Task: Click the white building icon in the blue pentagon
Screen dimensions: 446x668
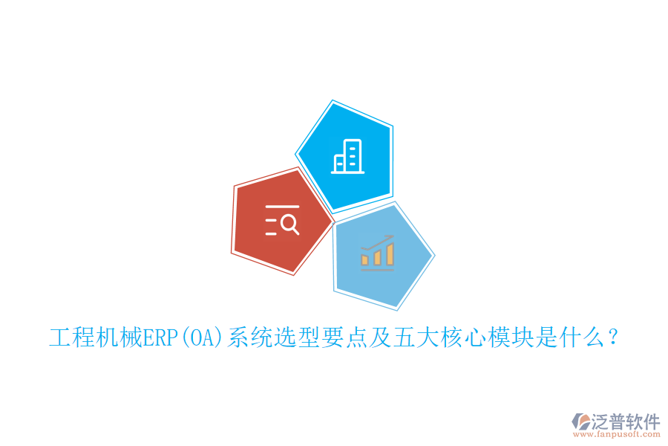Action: pos(347,156)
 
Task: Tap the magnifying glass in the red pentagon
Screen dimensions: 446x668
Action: pos(289,222)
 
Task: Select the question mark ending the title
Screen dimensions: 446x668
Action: pos(612,337)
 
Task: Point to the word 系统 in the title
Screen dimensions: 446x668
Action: pos(249,337)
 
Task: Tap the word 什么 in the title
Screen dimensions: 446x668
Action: pos(581,337)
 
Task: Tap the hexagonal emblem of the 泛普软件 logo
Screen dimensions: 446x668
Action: pos(580,421)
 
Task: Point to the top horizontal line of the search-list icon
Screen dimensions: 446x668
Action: pos(282,206)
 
